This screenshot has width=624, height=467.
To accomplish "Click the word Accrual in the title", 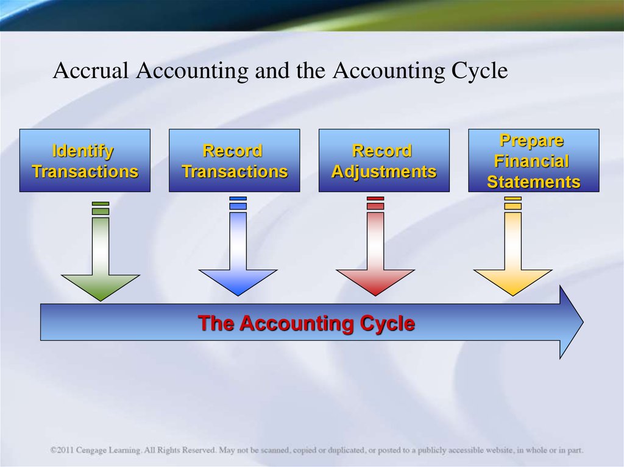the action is pos(91,71).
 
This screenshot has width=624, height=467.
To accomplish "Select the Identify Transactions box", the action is pos(85,160).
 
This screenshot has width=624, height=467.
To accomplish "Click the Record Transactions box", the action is pos(235,160).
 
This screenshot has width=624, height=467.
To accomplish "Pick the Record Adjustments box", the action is pos(384,160).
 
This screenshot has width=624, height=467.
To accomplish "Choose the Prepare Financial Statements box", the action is pos(534,160).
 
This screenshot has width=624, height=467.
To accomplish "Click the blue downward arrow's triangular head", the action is pos(238,283).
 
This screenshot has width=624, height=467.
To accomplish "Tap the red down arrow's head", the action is pos(375,283).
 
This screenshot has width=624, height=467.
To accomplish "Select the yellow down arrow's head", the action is pos(513,283).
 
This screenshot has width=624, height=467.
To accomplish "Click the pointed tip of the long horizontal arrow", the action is pos(583,322).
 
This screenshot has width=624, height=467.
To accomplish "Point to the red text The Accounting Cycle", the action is pos(307,323).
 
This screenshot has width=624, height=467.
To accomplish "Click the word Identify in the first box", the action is pos(83,152).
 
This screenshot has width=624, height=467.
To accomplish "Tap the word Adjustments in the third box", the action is pos(384,172).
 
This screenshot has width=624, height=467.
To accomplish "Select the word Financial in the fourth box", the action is pos(531,161).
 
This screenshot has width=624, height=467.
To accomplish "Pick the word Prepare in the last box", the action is pos(531,141).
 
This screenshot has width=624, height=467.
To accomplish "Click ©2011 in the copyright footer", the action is pos(62,451).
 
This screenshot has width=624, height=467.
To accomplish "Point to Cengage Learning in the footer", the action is pos(108,451).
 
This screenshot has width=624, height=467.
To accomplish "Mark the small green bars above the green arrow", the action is pos(101,208).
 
